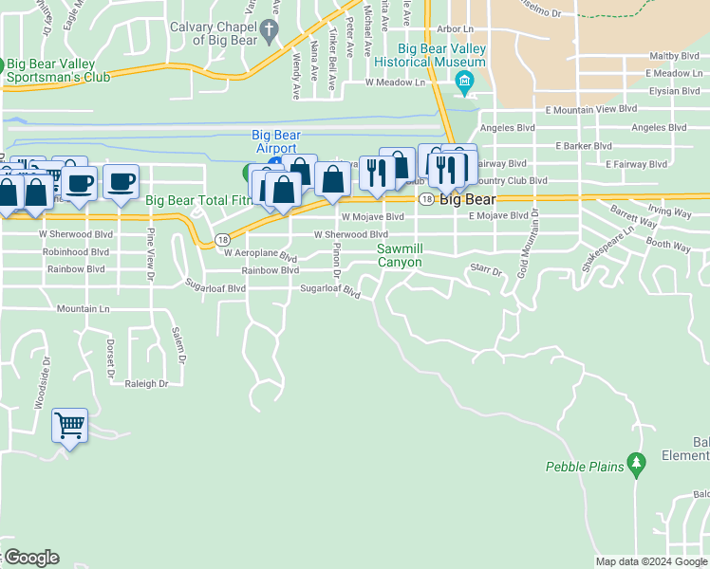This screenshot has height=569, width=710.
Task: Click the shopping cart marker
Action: pyautogui.click(x=70, y=424)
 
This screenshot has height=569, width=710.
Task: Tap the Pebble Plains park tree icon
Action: pyautogui.click(x=638, y=465)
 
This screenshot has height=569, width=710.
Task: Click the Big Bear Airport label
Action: pyautogui.click(x=275, y=142)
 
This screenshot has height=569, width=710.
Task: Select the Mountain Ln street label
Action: pyautogui.click(x=84, y=308)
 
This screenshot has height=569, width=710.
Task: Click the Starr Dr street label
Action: pyautogui.click(x=485, y=270)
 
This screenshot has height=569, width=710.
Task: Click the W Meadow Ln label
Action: pyautogui.click(x=396, y=83)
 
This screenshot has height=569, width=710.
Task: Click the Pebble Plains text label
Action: pyautogui.click(x=585, y=467)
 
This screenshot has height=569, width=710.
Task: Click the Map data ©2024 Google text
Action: pyautogui.click(x=651, y=561)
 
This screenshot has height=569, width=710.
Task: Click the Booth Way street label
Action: pyautogui.click(x=668, y=247)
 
